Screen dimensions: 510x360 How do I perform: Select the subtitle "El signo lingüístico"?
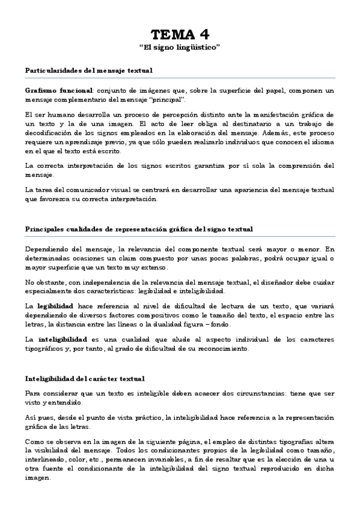pyautogui.click(x=180, y=47)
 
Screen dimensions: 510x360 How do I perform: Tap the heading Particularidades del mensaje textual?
pyautogui.click(x=89, y=71)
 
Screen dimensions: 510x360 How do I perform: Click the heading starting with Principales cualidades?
pyautogui.click(x=139, y=229)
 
